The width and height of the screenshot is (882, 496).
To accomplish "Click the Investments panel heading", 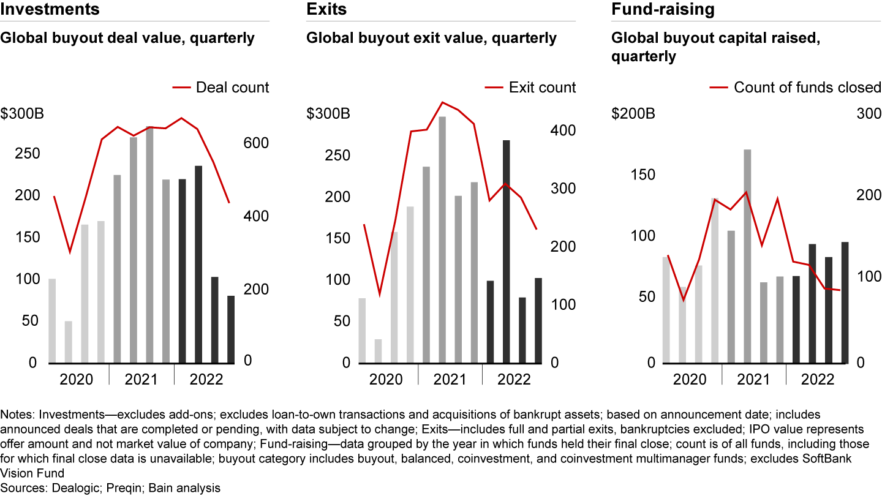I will [50, 9].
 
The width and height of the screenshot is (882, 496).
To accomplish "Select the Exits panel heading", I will [326, 9].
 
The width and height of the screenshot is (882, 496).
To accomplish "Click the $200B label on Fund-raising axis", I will [633, 114].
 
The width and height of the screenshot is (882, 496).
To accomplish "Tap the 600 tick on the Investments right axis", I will [257, 143].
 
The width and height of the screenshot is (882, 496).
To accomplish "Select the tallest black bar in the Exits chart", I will [506, 251].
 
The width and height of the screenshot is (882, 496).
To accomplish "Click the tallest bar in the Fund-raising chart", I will [747, 256].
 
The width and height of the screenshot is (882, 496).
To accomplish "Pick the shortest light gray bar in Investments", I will [69, 342].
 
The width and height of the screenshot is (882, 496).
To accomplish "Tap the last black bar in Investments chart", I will [231, 329].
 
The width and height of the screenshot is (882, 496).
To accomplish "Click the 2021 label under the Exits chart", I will [449, 379].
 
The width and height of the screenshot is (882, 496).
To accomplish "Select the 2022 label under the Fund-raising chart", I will [818, 379].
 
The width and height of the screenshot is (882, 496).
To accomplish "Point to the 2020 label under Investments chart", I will [77, 379].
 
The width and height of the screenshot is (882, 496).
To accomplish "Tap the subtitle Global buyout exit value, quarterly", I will [431, 39].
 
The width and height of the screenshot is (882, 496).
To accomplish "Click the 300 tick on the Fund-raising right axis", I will [868, 114].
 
